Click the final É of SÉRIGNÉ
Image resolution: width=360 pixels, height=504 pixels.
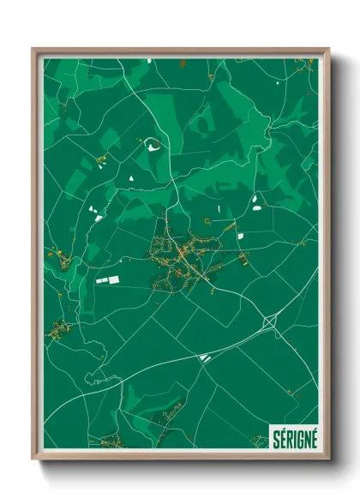pos(313,439)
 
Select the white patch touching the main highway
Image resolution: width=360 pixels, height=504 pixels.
pos(204,357)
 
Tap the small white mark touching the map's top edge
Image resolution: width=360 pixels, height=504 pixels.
pos(149,61)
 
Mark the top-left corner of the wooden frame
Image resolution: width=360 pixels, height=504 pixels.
pos(33,49)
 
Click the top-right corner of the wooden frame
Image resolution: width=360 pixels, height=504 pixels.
pos(328,49)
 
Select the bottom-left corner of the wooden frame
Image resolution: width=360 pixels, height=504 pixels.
pos(33,459)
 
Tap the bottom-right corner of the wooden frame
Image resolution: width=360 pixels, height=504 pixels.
pos(328,459)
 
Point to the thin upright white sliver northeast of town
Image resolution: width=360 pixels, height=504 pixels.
pos(219,208)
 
